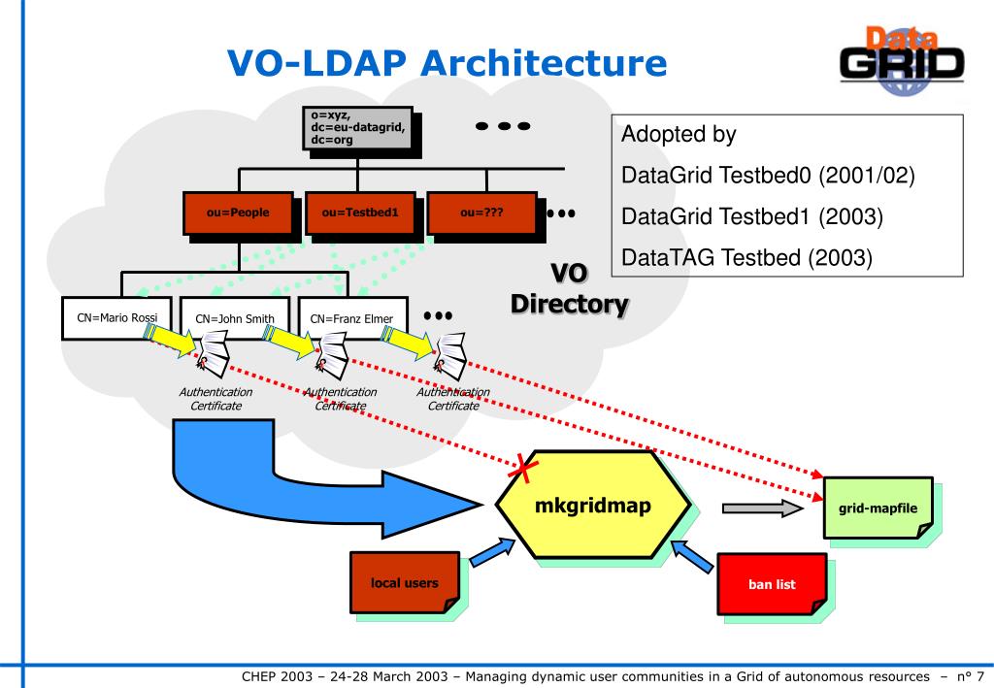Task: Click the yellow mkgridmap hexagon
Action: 593,505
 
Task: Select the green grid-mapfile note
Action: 878,508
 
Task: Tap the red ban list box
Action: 772,584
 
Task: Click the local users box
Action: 405,583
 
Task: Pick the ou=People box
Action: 238,213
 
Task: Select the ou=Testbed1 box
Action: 360,213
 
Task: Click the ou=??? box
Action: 481,213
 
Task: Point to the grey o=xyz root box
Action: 357,128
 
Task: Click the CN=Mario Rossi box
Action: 116,318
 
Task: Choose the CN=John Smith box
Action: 235,318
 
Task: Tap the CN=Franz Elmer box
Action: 352,318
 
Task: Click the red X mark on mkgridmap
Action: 523,468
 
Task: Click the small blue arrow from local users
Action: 492,552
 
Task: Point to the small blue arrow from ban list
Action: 693,556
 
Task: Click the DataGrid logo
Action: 902,60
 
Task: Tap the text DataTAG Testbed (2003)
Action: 746,258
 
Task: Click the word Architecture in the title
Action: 544,63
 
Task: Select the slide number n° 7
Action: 970,676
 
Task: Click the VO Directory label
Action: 569,289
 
